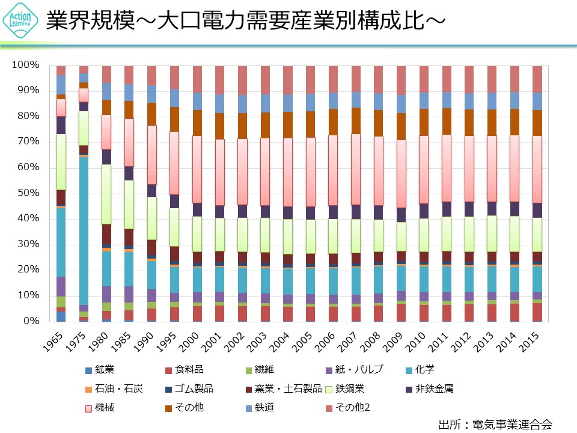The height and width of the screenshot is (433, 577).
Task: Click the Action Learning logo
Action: tap(21, 21)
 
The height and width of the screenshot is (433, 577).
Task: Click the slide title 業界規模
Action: tap(245, 22)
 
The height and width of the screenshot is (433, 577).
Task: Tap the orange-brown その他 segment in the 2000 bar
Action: tap(197, 123)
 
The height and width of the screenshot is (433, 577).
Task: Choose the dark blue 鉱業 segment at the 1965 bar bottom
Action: tap(61, 316)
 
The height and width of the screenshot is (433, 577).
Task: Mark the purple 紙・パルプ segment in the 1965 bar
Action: tap(61, 286)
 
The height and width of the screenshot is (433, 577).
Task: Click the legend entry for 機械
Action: tap(100, 408)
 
